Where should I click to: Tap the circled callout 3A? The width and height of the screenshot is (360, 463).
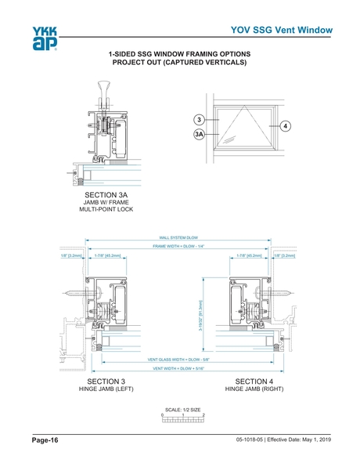point(200,135)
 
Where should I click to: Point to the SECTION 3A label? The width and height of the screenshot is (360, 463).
point(106,193)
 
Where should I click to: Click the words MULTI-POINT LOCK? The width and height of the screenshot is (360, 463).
point(106,210)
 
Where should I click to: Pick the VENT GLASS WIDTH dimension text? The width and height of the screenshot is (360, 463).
point(178,359)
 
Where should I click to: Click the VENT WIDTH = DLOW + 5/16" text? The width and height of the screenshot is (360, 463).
point(178,368)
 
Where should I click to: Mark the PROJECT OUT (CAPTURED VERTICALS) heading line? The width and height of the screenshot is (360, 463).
point(180,63)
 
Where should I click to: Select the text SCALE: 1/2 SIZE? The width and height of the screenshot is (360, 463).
point(182,409)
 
